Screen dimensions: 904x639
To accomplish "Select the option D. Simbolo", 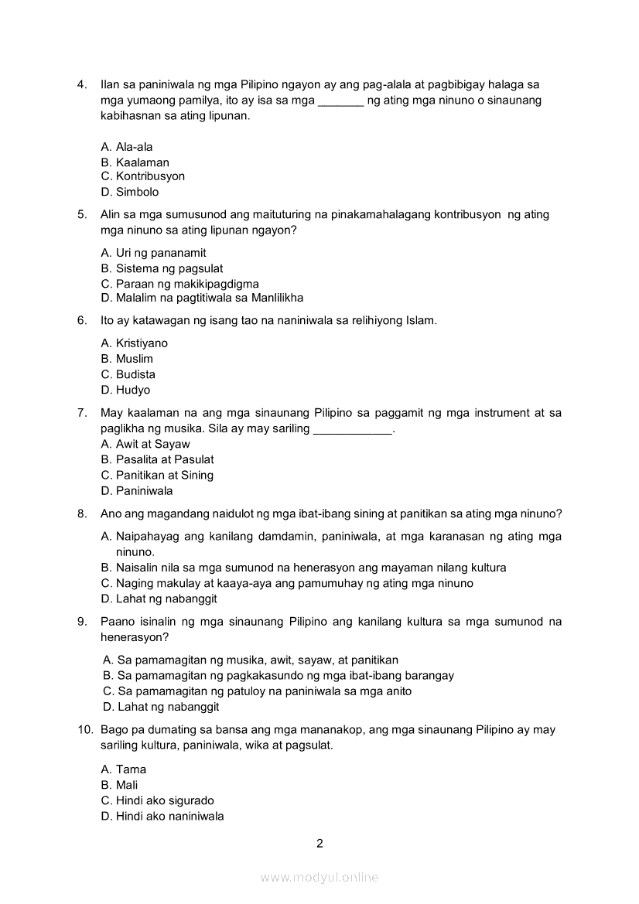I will click(x=130, y=192).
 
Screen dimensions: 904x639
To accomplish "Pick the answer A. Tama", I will click(x=124, y=769).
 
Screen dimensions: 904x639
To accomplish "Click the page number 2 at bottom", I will click(x=319, y=843).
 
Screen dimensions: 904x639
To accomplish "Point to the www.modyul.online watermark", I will click(x=319, y=877).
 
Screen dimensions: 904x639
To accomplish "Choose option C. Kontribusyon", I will click(x=143, y=176).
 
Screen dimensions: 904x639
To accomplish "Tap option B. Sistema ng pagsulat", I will click(x=162, y=268).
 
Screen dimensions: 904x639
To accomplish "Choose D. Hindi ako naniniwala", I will click(x=162, y=816).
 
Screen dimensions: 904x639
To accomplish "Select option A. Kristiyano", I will click(x=135, y=343).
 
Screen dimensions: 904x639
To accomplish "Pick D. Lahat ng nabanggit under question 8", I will click(x=159, y=599).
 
